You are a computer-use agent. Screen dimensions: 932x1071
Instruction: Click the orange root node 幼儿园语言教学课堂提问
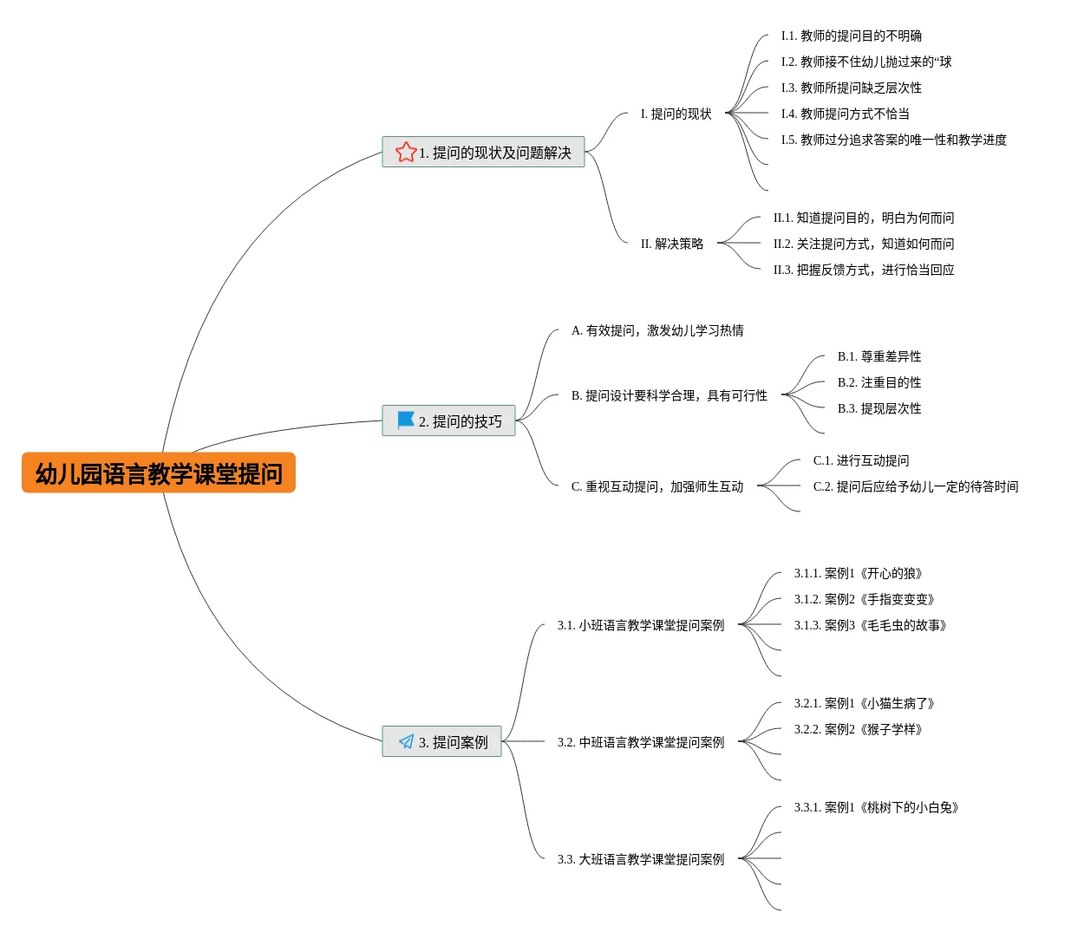159,473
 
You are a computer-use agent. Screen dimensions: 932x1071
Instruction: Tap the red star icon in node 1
405,153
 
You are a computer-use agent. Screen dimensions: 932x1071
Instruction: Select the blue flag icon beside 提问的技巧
405,420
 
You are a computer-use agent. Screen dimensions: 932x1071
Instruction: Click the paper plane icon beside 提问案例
406,741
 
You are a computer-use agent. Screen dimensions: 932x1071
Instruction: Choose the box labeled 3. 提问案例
442,741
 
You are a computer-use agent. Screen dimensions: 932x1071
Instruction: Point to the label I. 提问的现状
676,114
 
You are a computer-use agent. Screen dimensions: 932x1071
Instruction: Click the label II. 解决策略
672,244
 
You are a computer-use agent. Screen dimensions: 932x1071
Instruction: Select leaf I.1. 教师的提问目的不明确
851,36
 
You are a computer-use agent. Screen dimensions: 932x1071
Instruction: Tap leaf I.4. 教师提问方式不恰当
845,114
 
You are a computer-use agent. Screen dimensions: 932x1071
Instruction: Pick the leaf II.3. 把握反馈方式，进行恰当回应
864,270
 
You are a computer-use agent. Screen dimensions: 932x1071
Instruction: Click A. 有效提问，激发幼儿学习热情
657,330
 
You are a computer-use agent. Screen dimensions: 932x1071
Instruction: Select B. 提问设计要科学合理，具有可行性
669,395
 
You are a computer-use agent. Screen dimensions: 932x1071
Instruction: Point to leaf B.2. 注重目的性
879,382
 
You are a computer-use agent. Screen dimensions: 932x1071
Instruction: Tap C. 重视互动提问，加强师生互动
657,486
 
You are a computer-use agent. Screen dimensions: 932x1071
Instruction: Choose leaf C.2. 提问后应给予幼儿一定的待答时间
916,486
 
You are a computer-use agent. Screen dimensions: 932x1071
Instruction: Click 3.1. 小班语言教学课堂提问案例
641,625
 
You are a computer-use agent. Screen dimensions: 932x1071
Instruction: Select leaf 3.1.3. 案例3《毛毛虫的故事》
871,625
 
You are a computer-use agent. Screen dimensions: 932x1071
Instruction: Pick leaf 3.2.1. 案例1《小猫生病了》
865,703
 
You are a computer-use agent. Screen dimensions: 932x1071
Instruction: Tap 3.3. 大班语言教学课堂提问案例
641,859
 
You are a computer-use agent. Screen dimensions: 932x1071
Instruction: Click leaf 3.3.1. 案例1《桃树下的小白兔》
877,807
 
